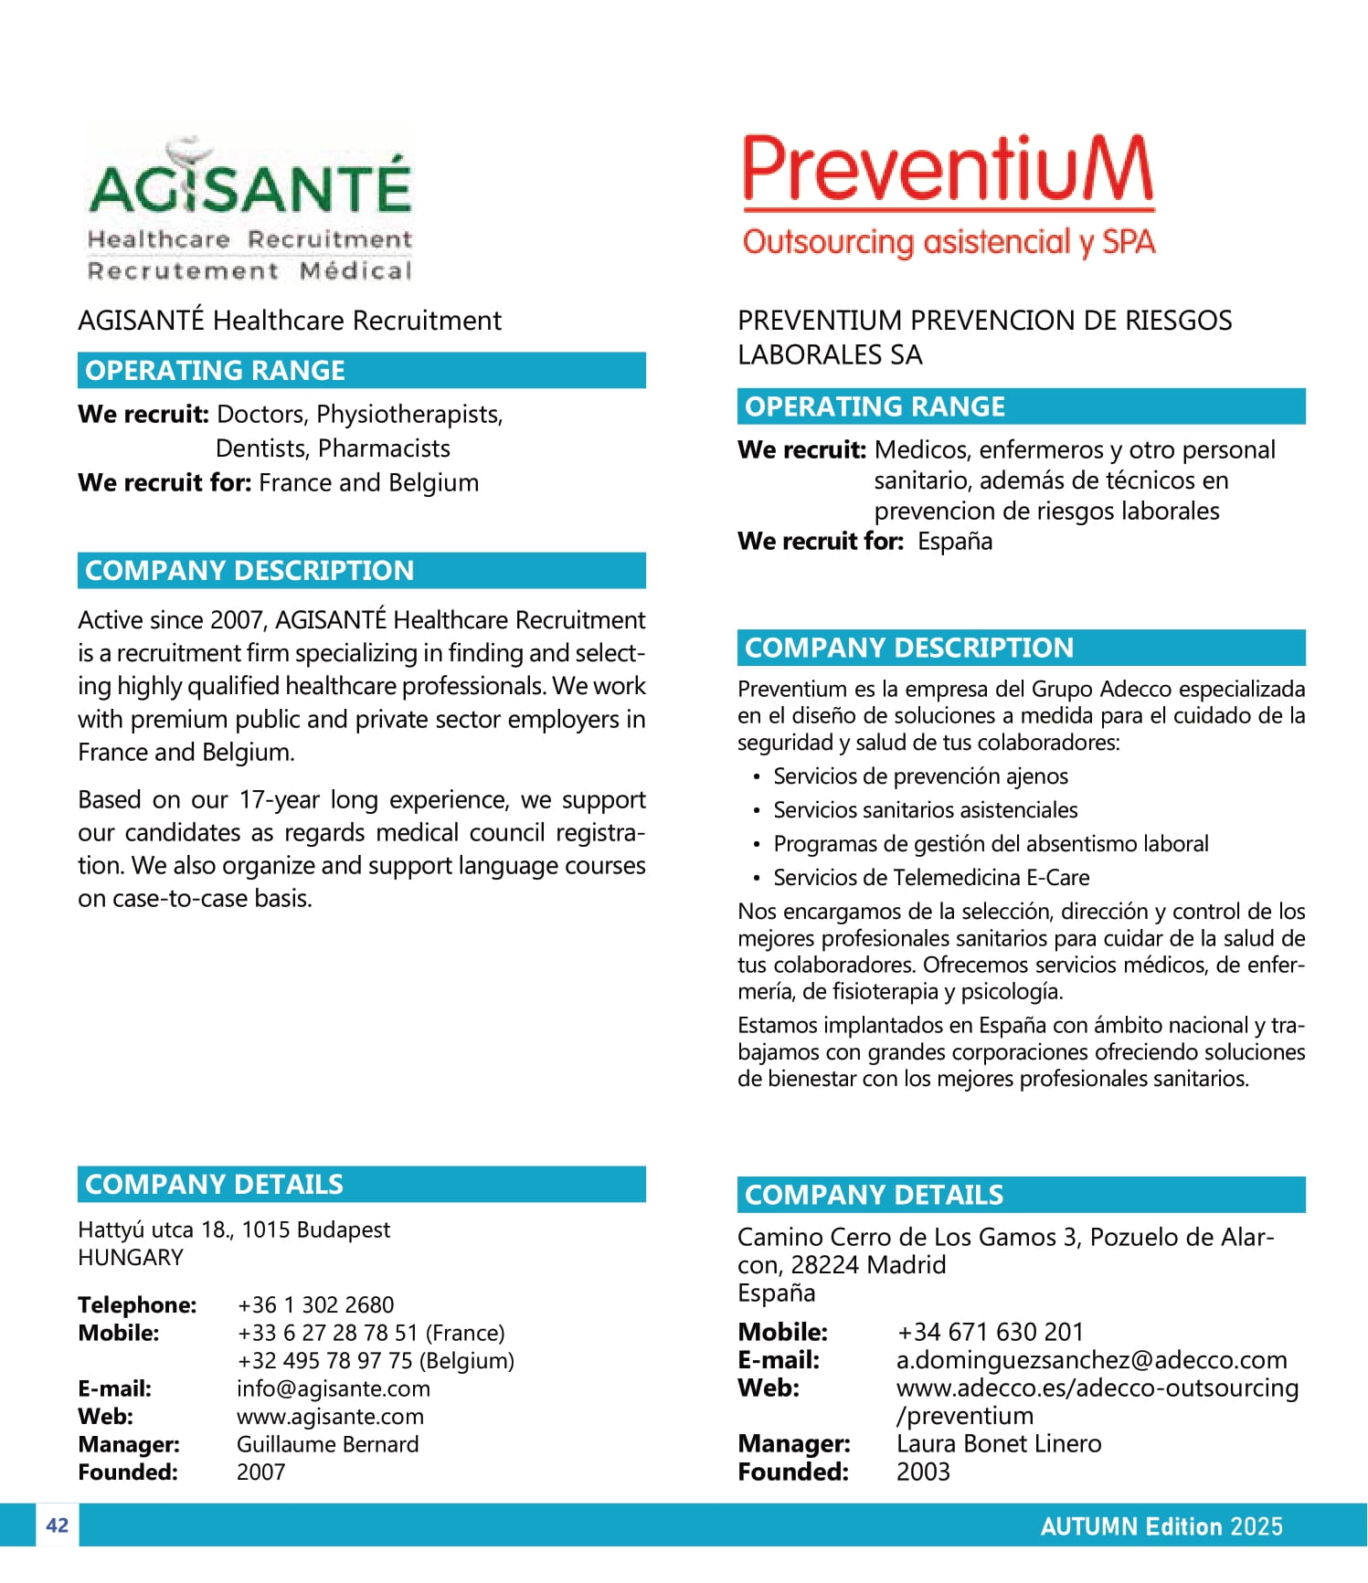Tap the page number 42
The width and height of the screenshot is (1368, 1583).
[x=57, y=1525]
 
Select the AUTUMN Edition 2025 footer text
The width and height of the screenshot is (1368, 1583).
[x=1161, y=1526]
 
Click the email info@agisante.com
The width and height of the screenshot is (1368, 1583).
[x=333, y=1388]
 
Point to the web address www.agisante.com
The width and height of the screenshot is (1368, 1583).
[x=330, y=1417]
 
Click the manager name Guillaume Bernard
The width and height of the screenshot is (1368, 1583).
[x=327, y=1444]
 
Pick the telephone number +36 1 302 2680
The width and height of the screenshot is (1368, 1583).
[x=315, y=1304]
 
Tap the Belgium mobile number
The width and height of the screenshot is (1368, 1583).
[x=375, y=1361]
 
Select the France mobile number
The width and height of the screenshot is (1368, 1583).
[x=370, y=1333]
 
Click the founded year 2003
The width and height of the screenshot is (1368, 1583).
[x=923, y=1472]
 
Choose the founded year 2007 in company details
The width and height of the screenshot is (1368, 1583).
[x=260, y=1472]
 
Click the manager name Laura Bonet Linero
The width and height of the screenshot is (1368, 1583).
[x=999, y=1443]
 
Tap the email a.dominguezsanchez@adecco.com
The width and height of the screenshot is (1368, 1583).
[x=1091, y=1360]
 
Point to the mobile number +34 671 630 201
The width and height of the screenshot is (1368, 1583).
[x=990, y=1332]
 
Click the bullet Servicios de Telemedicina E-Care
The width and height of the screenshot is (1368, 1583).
[x=931, y=878]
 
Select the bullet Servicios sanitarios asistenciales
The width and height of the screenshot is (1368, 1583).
[x=925, y=810]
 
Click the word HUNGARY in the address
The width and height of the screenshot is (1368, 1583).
[x=131, y=1258]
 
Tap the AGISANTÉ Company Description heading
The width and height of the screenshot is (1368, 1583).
[x=249, y=571]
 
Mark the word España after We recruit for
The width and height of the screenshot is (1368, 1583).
[x=955, y=542]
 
